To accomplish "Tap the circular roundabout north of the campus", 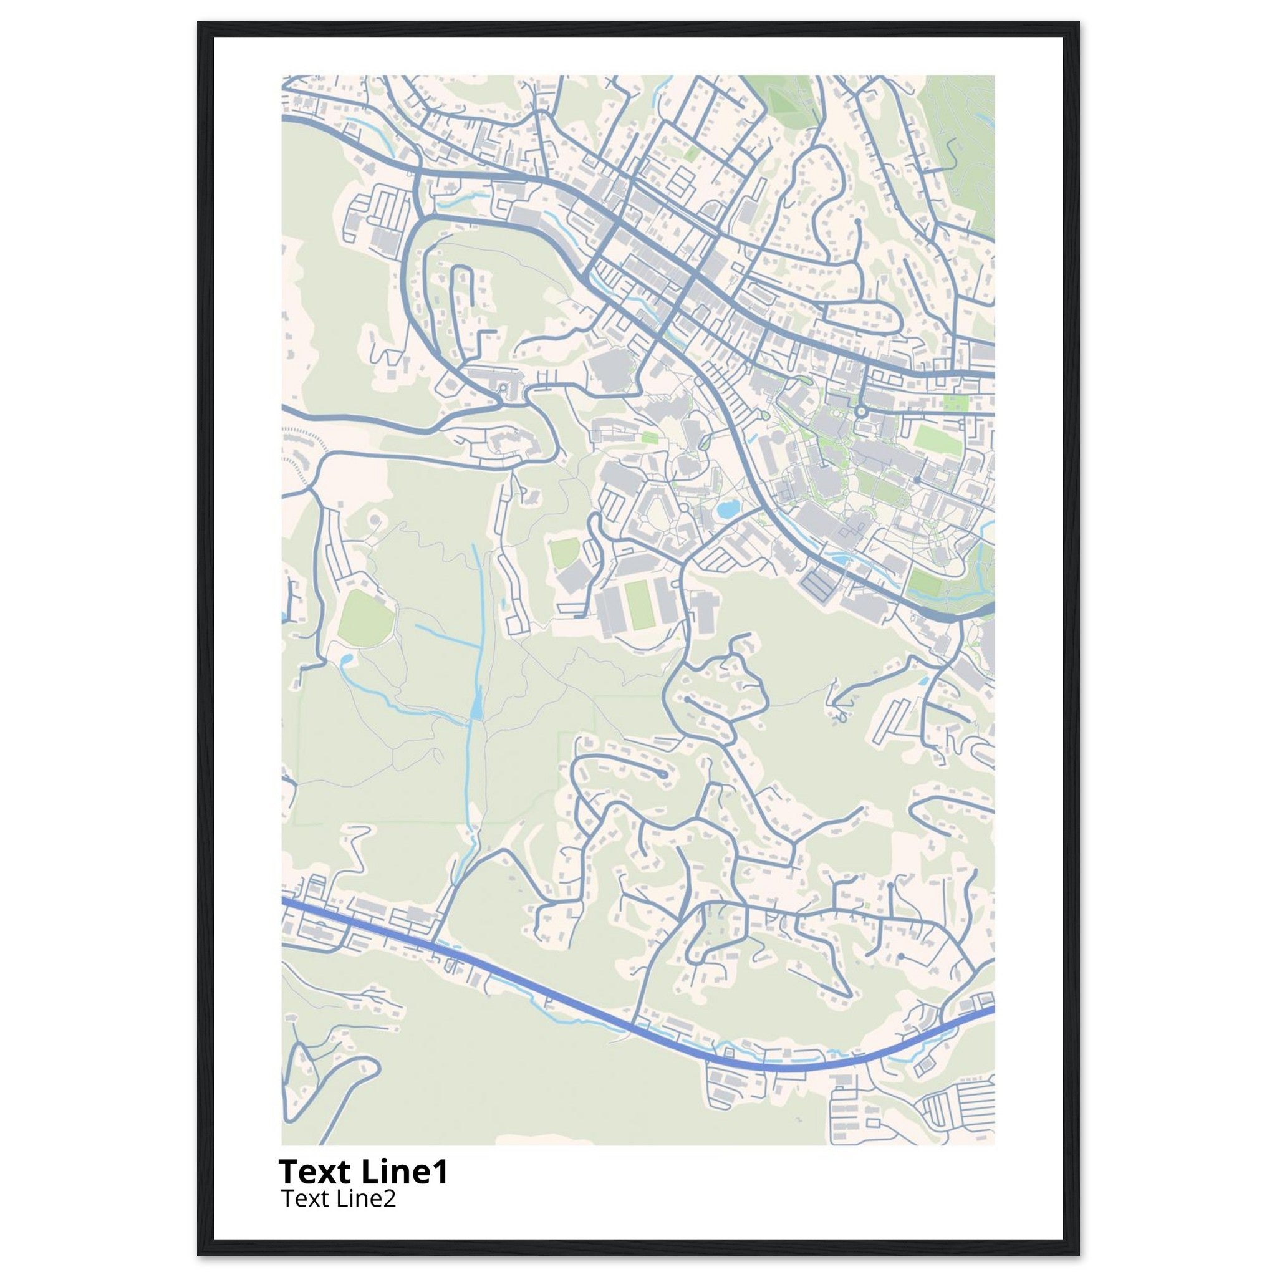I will pyautogui.click(x=860, y=411).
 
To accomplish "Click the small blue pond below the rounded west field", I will pyautogui.click(x=345, y=659).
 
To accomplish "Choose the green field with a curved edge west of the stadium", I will pyautogui.click(x=564, y=552).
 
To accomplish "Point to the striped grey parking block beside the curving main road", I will pyautogui.click(x=819, y=584).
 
